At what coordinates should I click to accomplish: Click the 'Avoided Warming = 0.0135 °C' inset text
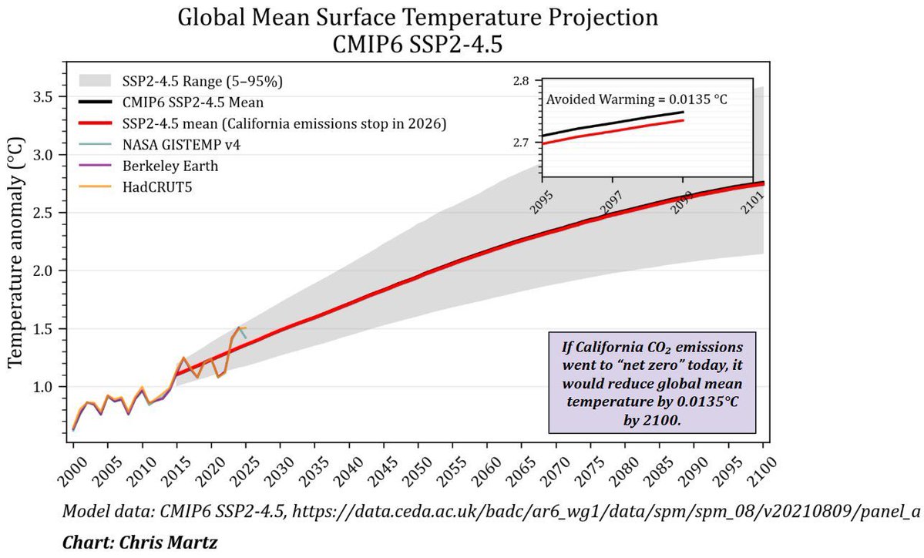click(637, 99)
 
